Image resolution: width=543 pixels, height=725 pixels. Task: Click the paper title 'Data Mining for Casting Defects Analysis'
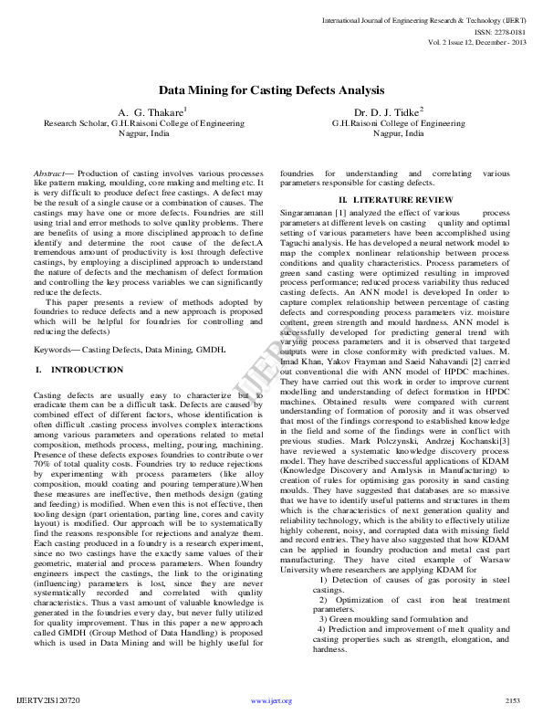pyautogui.click(x=272, y=90)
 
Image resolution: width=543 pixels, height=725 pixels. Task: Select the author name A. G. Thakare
pyautogui.click(x=145, y=111)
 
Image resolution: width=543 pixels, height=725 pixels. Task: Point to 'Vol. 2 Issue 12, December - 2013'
pyautogui.click(x=475, y=42)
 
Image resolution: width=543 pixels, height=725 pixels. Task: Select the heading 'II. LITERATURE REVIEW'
pyautogui.click(x=395, y=199)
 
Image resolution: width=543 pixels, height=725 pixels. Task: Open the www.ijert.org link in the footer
pyautogui.click(x=271, y=701)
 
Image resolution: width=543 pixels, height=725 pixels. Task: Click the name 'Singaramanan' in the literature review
pyautogui.click(x=308, y=211)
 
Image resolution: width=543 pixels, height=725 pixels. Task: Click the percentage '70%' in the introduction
pyautogui.click(x=41, y=451)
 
